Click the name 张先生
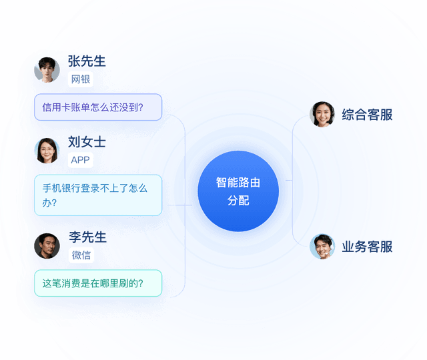pyautogui.click(x=87, y=61)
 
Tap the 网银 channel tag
pyautogui.click(x=81, y=79)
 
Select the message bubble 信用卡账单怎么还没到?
pyautogui.click(x=98, y=107)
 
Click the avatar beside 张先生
pyautogui.click(x=47, y=69)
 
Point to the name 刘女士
pyautogui.click(x=87, y=142)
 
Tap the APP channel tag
pyautogui.click(x=80, y=160)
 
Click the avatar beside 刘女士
pyautogui.click(x=47, y=151)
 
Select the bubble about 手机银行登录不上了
pyautogui.click(x=98, y=195)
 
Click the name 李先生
pyautogui.click(x=87, y=237)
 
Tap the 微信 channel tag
pyautogui.click(x=81, y=255)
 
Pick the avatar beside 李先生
pyautogui.click(x=47, y=246)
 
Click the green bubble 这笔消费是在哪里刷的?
pyautogui.click(x=98, y=283)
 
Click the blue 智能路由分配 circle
pyautogui.click(x=238, y=191)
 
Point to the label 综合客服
pyautogui.click(x=367, y=115)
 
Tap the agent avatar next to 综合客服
pyautogui.click(x=322, y=114)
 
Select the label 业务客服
pyautogui.click(x=367, y=247)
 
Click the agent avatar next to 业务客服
pyautogui.click(x=322, y=247)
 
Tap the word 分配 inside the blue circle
pyautogui.click(x=238, y=201)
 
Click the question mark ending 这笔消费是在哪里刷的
pyautogui.click(x=141, y=283)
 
